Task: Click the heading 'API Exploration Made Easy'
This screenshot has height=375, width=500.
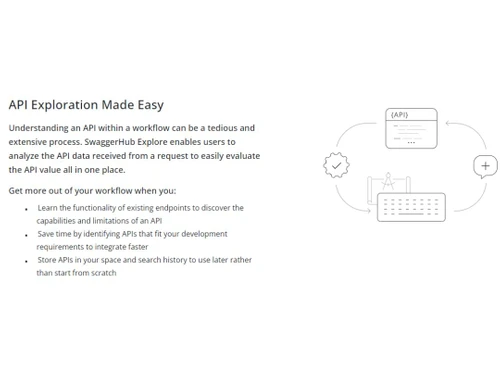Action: [x=86, y=104]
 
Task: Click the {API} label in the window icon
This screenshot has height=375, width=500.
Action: [x=399, y=115]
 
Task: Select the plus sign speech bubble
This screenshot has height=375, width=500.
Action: [x=486, y=165]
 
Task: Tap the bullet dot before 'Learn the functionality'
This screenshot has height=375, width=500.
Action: [x=27, y=208]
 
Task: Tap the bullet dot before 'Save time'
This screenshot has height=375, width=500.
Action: [x=27, y=234]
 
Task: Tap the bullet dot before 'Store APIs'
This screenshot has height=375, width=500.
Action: [x=27, y=260]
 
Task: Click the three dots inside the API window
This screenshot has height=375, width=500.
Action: [x=426, y=135]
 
